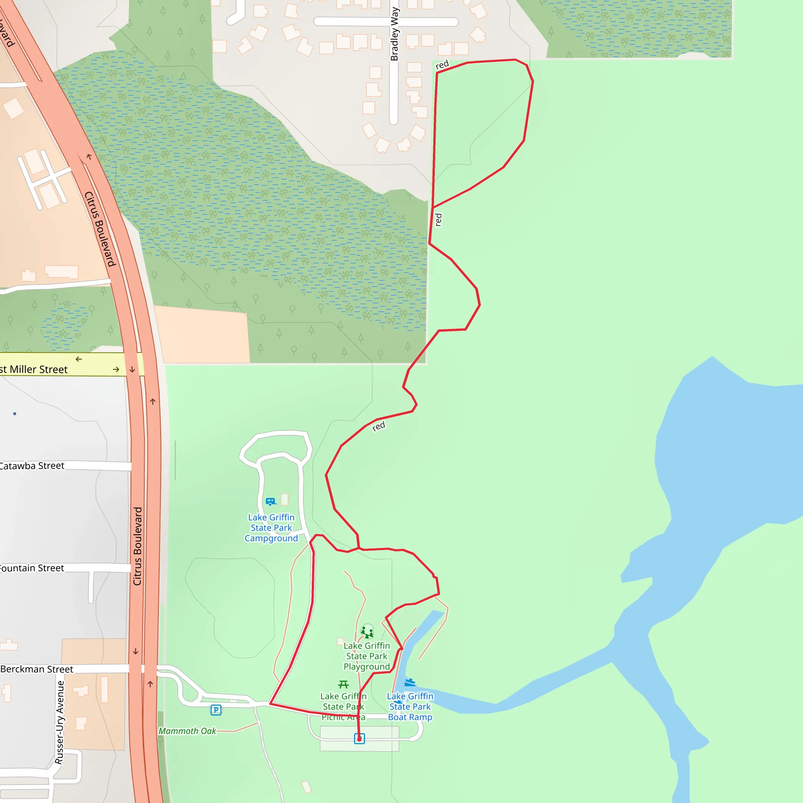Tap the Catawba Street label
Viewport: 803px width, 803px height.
(x=32, y=466)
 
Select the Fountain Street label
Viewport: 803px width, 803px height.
(x=32, y=568)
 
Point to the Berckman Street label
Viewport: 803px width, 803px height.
(x=36, y=669)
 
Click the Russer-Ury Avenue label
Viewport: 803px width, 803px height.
(x=60, y=722)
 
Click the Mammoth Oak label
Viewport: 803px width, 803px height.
(x=187, y=731)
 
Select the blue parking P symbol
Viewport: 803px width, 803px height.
(x=216, y=710)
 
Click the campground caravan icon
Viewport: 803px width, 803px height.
(x=271, y=501)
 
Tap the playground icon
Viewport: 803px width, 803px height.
(x=367, y=631)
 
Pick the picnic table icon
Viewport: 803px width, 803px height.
(x=343, y=684)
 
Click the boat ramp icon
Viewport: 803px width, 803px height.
(x=410, y=683)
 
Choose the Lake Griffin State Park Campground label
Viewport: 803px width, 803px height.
(x=271, y=528)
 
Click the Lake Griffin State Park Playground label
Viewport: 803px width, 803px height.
(x=367, y=656)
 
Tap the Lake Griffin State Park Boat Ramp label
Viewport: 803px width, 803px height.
(x=410, y=707)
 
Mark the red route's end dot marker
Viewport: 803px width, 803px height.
(x=360, y=739)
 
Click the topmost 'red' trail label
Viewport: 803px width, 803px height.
(x=442, y=65)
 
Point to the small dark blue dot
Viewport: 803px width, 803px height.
(x=15, y=414)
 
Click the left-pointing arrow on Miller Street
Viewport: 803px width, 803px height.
(x=79, y=359)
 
